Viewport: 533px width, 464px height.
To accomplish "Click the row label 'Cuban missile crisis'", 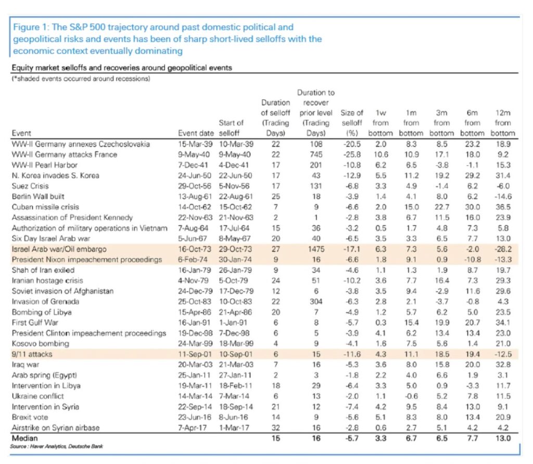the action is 45,207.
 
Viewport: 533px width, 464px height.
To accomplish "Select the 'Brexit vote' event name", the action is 30,417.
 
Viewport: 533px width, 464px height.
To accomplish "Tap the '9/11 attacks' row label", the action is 32,354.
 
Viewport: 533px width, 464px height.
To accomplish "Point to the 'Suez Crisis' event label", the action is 30,186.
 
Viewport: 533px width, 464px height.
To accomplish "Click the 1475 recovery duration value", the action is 316,249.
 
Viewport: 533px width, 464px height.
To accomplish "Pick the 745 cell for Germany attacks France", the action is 316,155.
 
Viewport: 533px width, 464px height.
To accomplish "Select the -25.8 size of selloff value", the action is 352,155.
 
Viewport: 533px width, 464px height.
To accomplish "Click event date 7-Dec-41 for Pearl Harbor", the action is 194,165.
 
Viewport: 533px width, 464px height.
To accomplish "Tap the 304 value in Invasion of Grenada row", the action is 316,302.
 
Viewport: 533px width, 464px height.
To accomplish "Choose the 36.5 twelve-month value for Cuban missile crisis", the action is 503,207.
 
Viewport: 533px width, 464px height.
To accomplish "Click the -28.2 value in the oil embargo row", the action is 503,249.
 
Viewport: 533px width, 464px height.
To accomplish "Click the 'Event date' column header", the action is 196,133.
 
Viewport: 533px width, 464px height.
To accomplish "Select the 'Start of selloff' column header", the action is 231,128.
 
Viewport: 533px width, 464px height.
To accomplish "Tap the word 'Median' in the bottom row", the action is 25,438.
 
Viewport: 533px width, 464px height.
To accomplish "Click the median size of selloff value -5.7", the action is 352,438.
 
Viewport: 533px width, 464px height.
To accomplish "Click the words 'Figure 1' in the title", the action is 30,27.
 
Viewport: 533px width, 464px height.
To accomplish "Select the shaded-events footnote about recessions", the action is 81,79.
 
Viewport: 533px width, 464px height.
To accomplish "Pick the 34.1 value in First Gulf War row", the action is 503,322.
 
